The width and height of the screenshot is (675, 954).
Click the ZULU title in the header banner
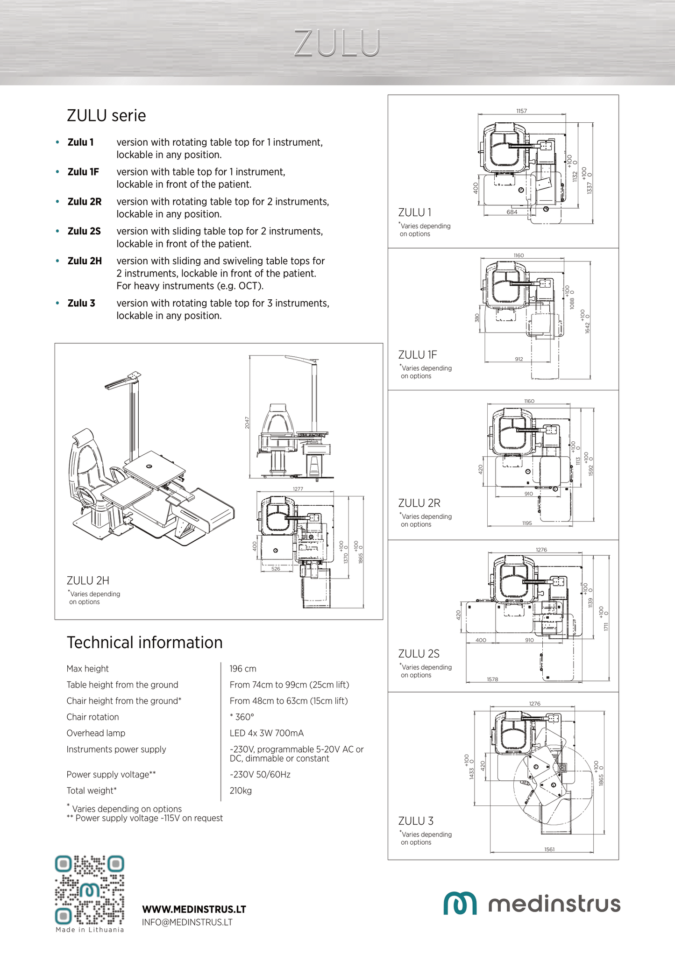point(337,43)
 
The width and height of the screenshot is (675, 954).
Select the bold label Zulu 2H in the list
point(85,261)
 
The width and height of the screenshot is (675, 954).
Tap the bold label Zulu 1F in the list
point(83,172)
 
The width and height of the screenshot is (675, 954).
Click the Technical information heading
point(144,643)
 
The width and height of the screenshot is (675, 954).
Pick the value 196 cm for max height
point(243,669)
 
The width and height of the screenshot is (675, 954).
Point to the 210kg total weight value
point(241,791)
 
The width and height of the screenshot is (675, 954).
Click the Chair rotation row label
point(92,717)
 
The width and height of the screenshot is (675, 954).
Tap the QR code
point(90,890)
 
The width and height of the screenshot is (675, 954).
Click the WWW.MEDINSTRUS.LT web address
point(194,909)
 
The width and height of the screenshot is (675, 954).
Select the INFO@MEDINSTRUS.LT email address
point(187,922)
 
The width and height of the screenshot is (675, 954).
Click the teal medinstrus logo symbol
point(460,904)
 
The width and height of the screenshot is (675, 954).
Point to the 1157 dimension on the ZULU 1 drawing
point(521,111)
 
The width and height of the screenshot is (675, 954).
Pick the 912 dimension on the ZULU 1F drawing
point(519,359)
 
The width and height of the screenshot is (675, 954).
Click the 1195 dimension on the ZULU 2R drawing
point(527,523)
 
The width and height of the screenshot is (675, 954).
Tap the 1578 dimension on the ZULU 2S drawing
point(492,679)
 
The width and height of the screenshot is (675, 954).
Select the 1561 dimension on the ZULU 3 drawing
point(549,849)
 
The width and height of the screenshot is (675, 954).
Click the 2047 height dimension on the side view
point(247,423)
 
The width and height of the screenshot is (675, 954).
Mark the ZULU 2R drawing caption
point(419,503)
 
